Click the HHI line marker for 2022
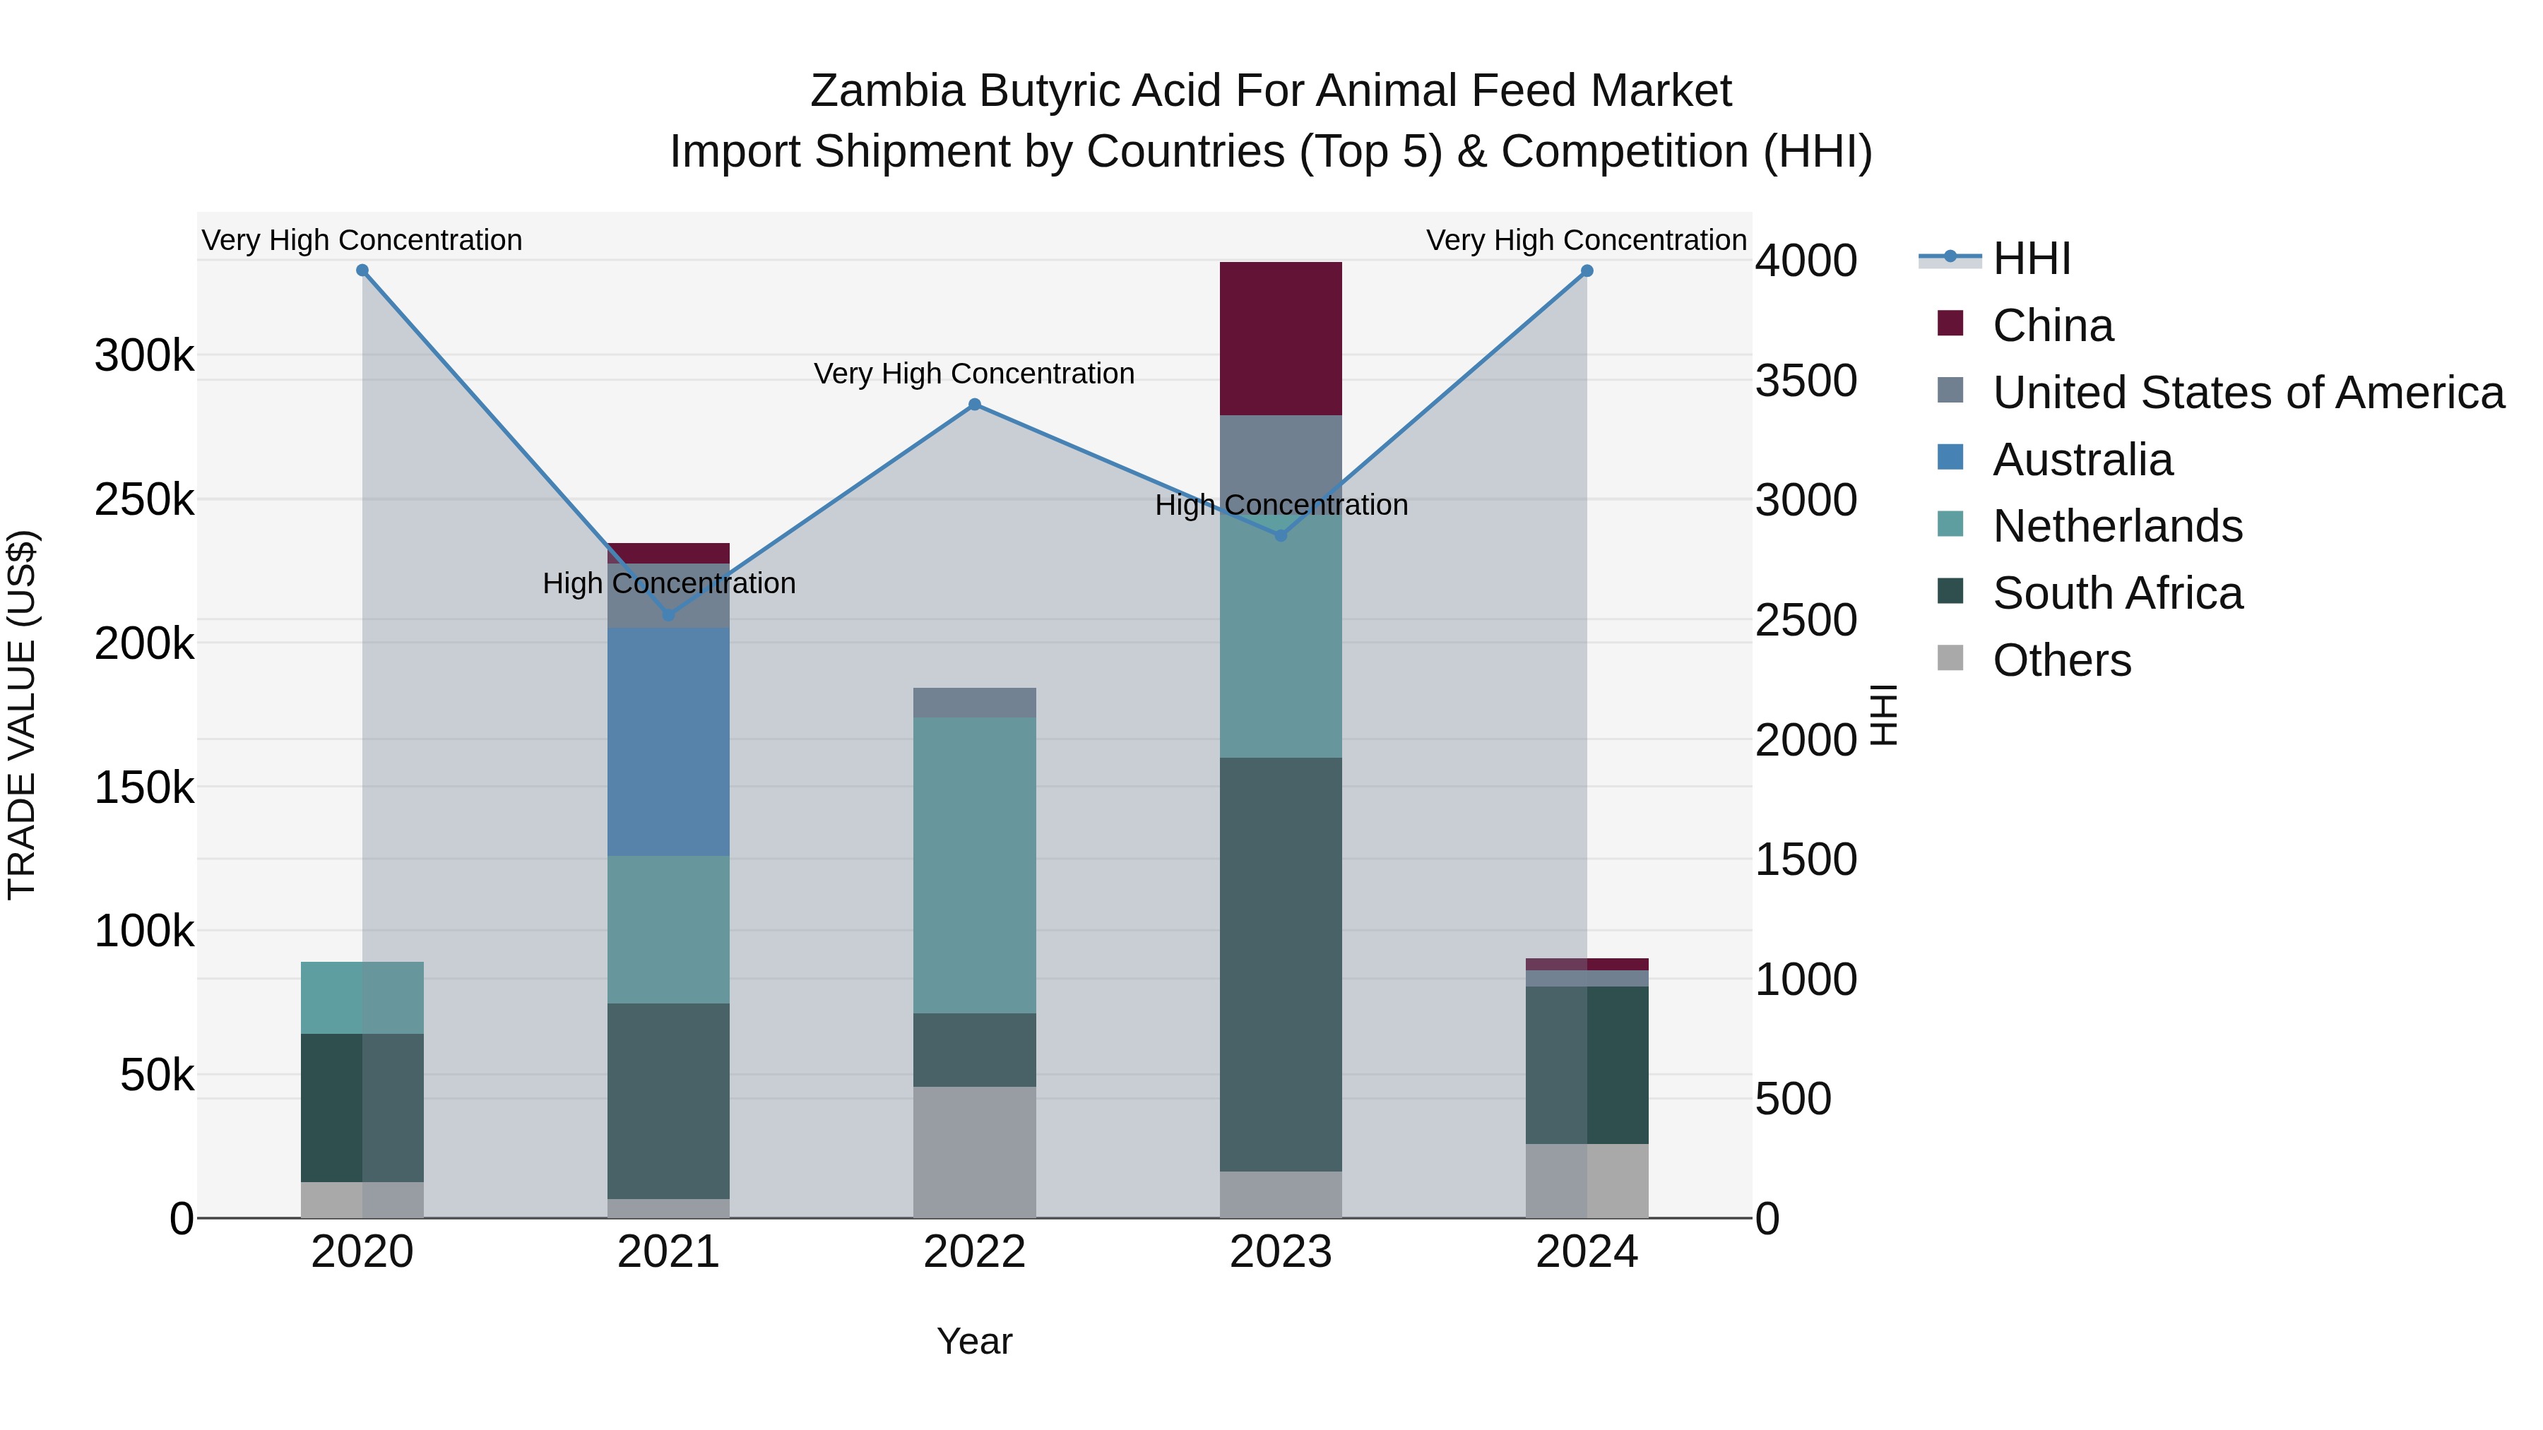point(974,405)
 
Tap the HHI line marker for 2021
point(668,615)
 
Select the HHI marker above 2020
point(362,270)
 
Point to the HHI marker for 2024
point(1587,270)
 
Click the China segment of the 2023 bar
point(1281,338)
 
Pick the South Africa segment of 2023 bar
point(1281,964)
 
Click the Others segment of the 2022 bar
point(974,1152)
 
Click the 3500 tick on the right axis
point(1806,381)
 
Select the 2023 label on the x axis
point(1281,1252)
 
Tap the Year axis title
point(974,1341)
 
